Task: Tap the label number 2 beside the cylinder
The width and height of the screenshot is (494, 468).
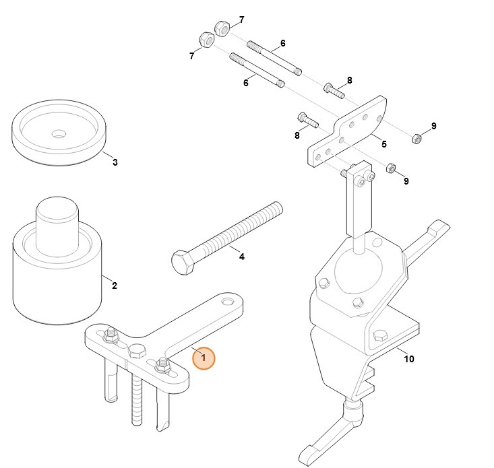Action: click(x=115, y=286)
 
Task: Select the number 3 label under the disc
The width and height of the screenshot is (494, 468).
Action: click(x=115, y=162)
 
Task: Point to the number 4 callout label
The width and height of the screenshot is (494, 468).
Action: click(x=242, y=257)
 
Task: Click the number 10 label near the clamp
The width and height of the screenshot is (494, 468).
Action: click(x=408, y=359)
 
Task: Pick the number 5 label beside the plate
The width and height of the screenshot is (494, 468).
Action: click(x=383, y=143)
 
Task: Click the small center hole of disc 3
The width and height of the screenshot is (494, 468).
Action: click(x=59, y=132)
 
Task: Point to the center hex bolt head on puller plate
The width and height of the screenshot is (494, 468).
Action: click(x=137, y=350)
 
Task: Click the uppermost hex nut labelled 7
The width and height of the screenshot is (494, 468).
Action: click(x=222, y=28)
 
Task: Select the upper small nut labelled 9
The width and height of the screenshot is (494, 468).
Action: click(x=417, y=139)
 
